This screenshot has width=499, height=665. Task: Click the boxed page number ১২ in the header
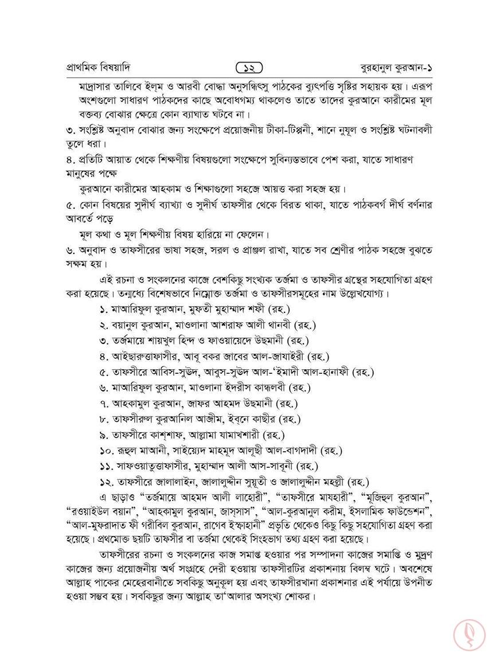249,67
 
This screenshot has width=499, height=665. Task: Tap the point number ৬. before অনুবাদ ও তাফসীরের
70,249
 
